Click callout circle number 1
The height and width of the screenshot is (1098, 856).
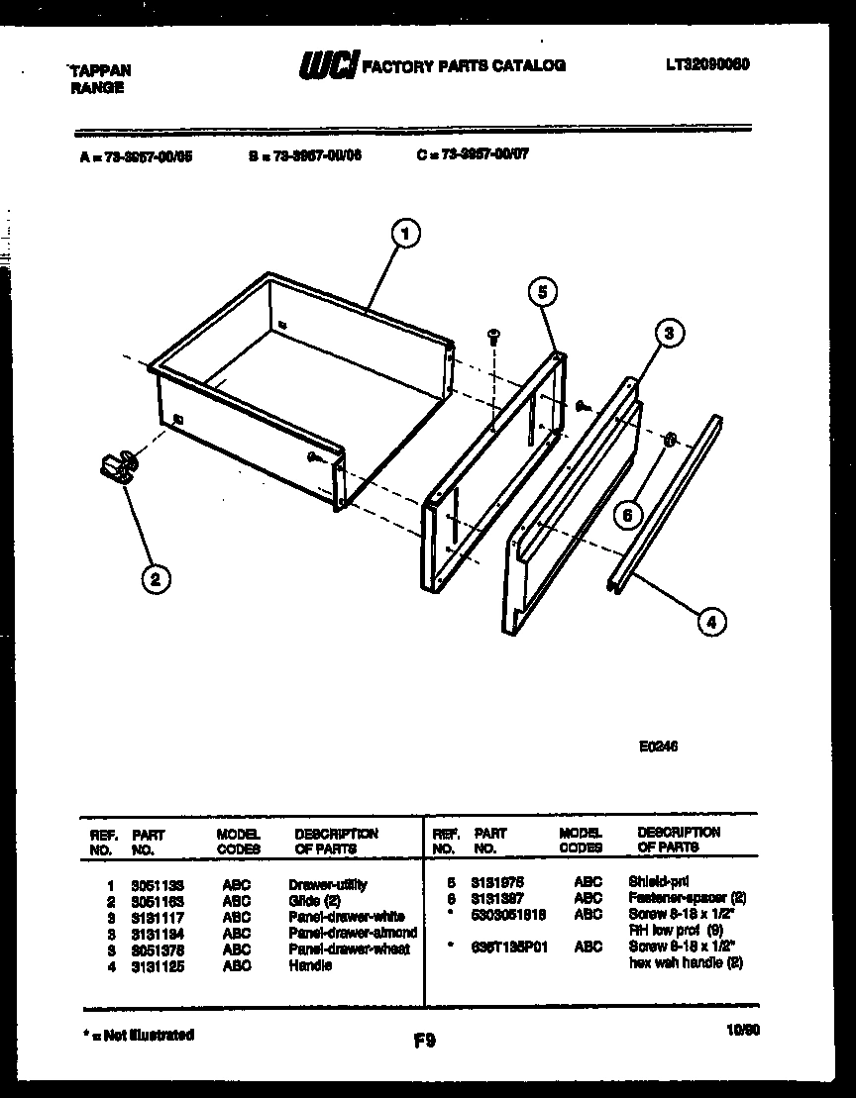tap(404, 235)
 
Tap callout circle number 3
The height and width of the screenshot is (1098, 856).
tap(669, 334)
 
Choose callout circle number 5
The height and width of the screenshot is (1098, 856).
tap(541, 291)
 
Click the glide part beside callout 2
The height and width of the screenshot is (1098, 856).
tap(119, 465)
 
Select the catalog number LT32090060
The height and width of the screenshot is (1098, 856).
tap(707, 64)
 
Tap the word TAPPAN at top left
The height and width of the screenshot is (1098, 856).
tap(100, 71)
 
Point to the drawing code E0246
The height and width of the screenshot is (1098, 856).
tap(658, 748)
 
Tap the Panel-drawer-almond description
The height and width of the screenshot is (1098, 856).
tap(353, 933)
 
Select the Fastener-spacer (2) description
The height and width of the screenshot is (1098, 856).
tap(687, 898)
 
